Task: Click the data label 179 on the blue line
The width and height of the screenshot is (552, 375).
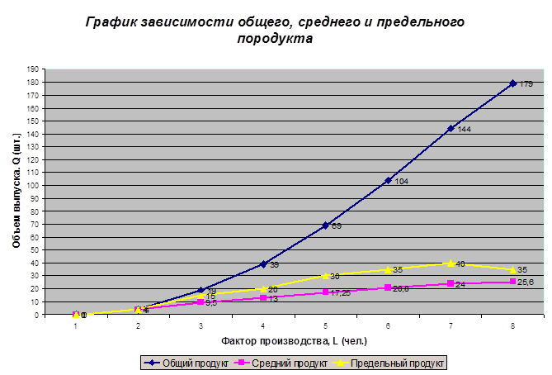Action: [526, 83]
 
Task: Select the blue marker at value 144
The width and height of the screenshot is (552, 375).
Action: [451, 128]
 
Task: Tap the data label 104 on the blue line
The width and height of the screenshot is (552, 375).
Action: [402, 181]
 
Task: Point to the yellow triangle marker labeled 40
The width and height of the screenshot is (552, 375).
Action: [451, 263]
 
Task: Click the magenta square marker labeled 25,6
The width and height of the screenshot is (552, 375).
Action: [513, 282]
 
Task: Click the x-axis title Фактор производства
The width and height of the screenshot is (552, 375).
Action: [294, 340]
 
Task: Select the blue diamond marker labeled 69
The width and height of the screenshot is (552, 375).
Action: [326, 225]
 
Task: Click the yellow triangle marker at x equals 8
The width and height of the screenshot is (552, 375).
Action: [513, 270]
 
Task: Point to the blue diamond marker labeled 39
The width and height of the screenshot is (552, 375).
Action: [263, 264]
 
